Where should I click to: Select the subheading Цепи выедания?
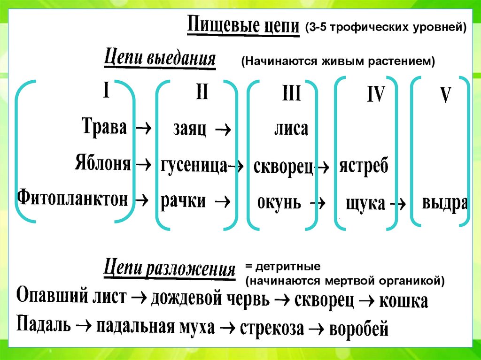(x=159, y=60)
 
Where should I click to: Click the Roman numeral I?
(x=107, y=91)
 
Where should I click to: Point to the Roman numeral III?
(x=291, y=94)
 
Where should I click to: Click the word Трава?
(x=104, y=127)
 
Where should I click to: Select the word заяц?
(x=190, y=129)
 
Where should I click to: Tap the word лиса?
(x=291, y=129)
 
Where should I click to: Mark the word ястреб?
(x=365, y=166)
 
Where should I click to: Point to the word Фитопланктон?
(x=73, y=199)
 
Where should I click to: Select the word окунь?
(x=279, y=203)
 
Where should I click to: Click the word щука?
(x=365, y=204)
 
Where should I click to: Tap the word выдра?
(x=444, y=204)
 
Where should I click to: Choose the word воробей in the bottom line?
(x=359, y=329)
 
